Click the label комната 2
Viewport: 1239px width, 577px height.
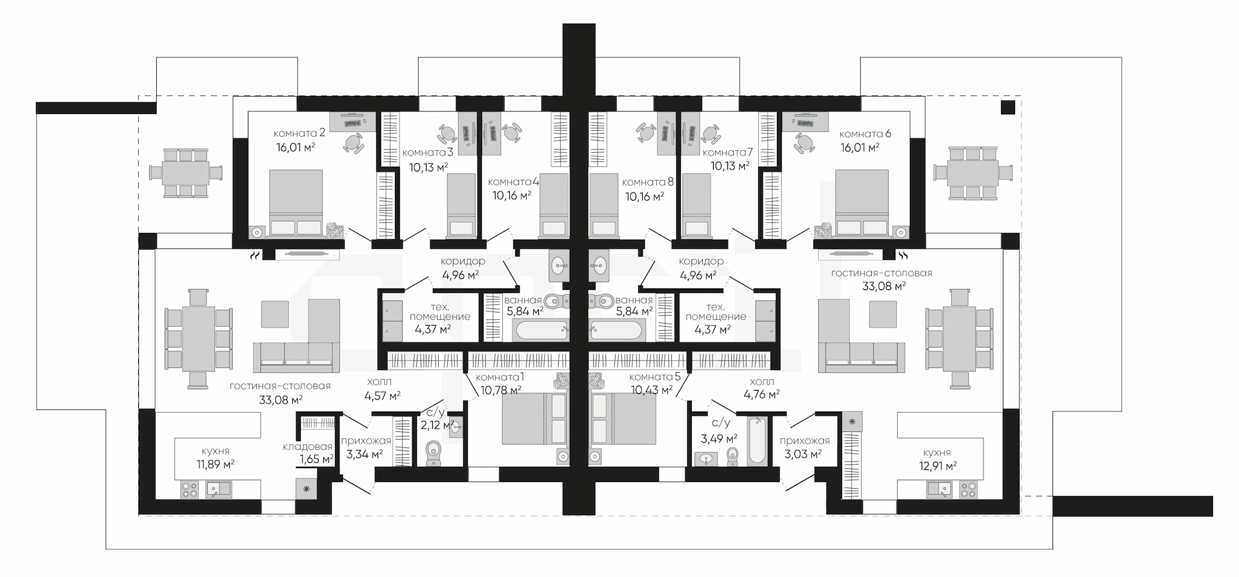point(299,133)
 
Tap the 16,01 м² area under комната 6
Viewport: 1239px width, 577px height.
point(860,148)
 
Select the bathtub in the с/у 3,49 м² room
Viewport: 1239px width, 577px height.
point(757,441)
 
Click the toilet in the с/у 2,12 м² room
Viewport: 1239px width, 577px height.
point(434,453)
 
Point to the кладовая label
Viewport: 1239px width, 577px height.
point(307,447)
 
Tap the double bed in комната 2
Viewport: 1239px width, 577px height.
point(296,203)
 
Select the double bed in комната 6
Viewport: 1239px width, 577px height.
point(861,203)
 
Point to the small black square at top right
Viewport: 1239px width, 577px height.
point(1008,108)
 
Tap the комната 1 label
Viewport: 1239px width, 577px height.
point(499,377)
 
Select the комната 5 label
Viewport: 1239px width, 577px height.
point(651,377)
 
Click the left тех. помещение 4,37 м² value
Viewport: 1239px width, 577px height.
point(432,329)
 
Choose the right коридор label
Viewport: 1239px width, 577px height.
point(701,261)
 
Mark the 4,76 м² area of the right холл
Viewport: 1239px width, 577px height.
point(761,394)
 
